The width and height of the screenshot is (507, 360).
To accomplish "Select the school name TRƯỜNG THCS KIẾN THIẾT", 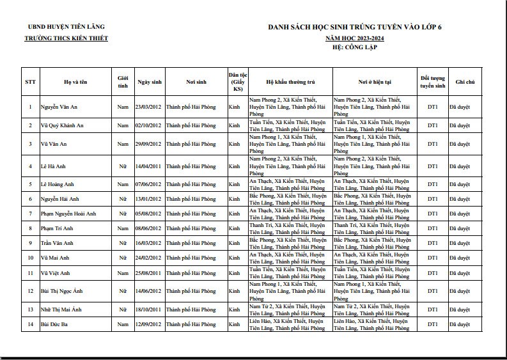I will click(66, 38).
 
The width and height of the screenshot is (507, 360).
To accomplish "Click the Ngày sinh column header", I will click(149, 82).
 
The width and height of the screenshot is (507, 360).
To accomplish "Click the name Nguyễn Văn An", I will click(59, 107).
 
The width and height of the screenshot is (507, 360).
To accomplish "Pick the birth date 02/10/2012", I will click(148, 125).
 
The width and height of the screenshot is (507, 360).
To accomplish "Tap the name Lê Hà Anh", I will click(53, 166).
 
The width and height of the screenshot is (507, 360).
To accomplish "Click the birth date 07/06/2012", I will click(148, 184).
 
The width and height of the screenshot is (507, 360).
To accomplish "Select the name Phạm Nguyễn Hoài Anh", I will click(68, 214).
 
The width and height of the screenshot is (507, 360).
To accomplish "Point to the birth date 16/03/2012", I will click(148, 243).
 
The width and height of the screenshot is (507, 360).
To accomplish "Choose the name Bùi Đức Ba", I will click(55, 325).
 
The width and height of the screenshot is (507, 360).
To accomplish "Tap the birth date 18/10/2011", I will click(148, 309).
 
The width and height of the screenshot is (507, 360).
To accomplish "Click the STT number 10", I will click(30, 258).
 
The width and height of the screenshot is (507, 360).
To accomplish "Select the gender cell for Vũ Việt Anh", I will click(123, 273).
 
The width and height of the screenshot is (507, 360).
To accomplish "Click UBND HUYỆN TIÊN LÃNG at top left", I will click(66, 27).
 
